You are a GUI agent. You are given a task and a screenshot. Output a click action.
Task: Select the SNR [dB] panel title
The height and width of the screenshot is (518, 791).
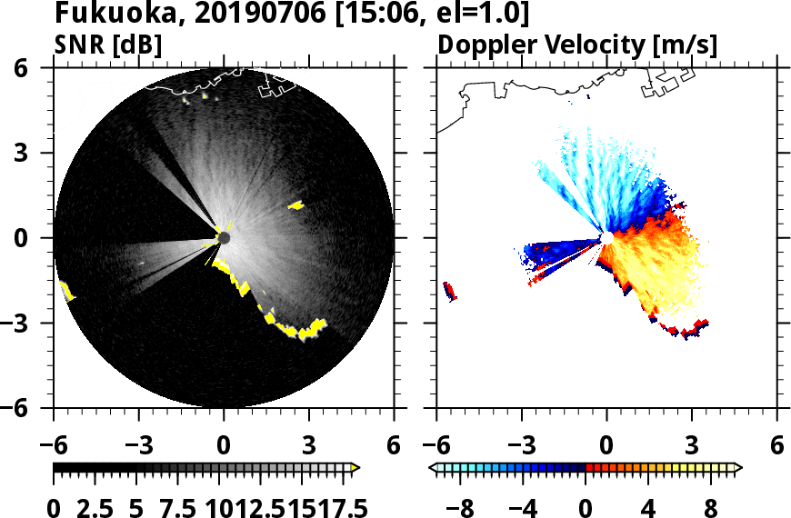pos(108,45)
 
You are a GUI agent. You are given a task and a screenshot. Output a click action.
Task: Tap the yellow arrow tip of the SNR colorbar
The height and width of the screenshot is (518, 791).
pos(355,467)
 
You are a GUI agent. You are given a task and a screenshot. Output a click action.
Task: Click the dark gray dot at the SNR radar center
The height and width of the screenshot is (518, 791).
pos(224,238)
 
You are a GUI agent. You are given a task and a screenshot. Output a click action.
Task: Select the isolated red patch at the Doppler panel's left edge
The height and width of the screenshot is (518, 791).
pos(448,291)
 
